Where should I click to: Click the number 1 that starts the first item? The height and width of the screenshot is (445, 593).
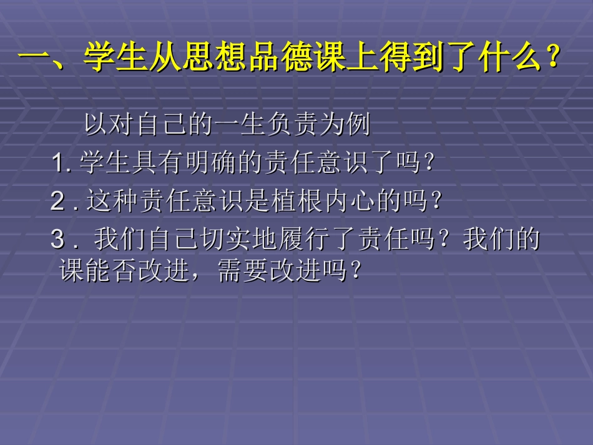coord(59,164)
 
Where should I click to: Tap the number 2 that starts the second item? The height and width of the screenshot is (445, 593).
coord(58,202)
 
